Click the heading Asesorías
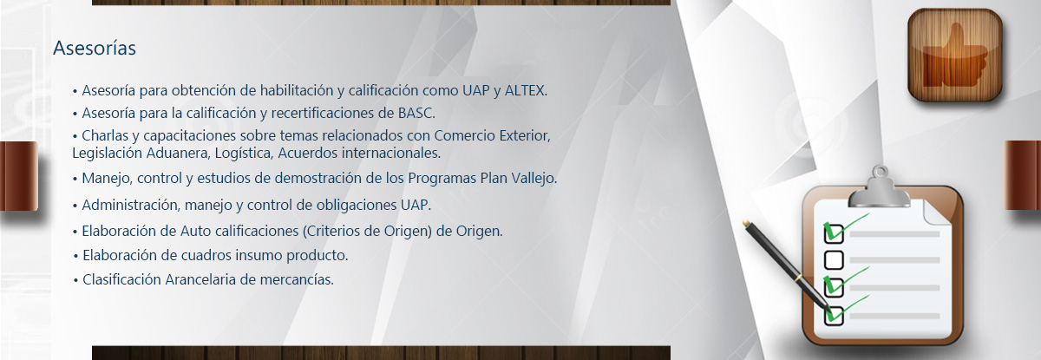click(x=95, y=48)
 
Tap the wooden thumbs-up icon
click(x=955, y=56)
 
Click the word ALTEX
click(x=526, y=90)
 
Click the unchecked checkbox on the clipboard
click(x=834, y=259)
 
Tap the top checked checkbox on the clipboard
click(x=834, y=233)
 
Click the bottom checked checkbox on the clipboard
click(x=834, y=315)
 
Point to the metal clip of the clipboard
click(x=880, y=188)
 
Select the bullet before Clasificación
click(x=75, y=280)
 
